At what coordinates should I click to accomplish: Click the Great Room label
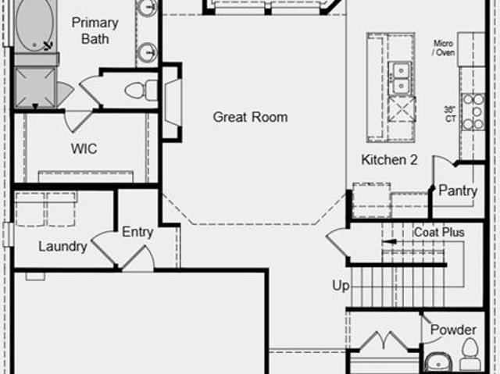point(250,117)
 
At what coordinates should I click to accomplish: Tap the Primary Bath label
point(95,30)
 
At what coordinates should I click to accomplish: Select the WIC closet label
point(84,148)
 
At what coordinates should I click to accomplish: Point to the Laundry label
point(62,247)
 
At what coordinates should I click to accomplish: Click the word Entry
point(137,232)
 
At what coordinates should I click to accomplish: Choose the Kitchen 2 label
point(389,159)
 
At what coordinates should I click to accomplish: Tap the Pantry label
point(458,191)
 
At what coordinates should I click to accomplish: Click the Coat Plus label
point(439,232)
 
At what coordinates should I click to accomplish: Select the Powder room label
point(453,329)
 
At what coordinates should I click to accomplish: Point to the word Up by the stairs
point(341,286)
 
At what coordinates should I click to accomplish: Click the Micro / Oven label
point(443,48)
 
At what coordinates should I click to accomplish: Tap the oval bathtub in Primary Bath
point(34,25)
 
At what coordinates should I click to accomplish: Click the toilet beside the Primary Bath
point(141,91)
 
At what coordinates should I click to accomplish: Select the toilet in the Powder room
point(470,354)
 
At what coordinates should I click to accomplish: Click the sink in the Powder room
point(439,362)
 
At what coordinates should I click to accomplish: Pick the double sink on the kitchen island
point(400,78)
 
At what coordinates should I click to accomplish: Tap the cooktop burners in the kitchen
point(473,112)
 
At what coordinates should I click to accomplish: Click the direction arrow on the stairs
point(389,242)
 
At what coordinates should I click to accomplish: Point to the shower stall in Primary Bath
point(35,87)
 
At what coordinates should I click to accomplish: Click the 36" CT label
point(450,114)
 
